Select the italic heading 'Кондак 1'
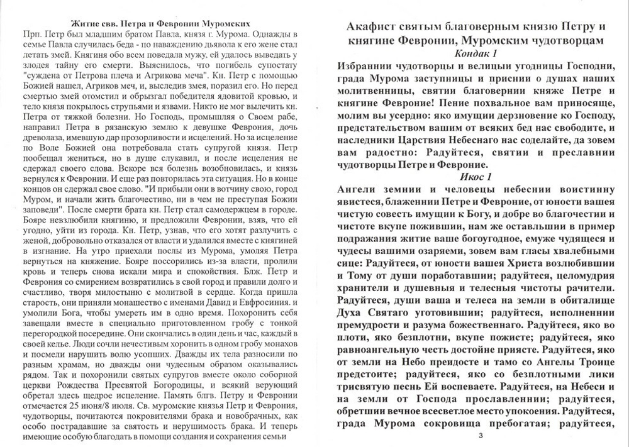pos(476,53)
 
